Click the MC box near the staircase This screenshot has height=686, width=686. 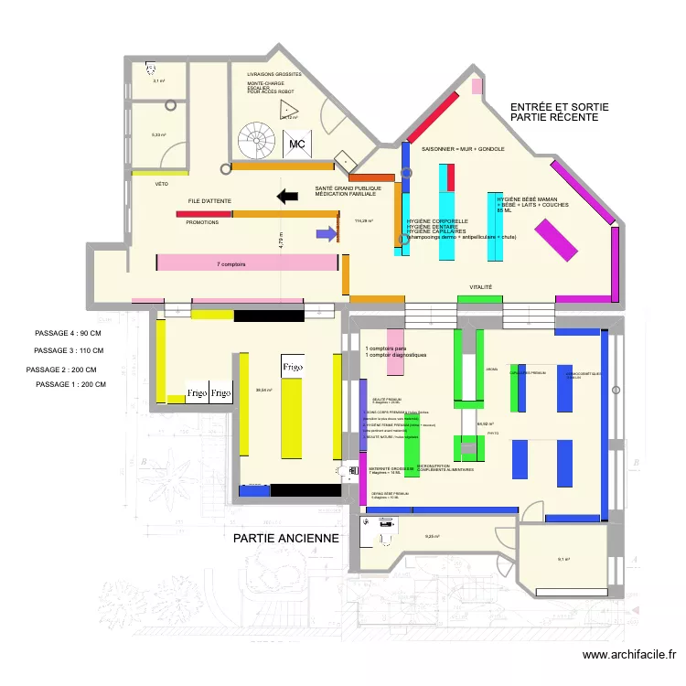[296, 145]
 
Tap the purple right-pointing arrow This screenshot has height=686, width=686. [326, 234]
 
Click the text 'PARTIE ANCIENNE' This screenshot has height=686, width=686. [286, 539]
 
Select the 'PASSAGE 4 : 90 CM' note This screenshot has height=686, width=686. [68, 334]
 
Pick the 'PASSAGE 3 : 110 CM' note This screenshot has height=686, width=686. [69, 351]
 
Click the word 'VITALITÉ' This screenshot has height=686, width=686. [481, 287]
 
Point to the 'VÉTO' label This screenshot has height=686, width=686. [162, 184]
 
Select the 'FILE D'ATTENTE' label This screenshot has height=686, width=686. [209, 200]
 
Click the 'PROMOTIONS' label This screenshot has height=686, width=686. [202, 222]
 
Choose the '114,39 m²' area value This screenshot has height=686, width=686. [363, 220]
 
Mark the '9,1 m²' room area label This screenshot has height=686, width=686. [564, 560]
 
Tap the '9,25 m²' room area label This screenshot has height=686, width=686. [433, 537]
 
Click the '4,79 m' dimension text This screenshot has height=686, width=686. [282, 240]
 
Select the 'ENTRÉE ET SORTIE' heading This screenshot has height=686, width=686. [559, 107]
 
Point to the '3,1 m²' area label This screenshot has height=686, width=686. [158, 80]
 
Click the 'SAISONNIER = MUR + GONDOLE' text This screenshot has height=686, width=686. [463, 148]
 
